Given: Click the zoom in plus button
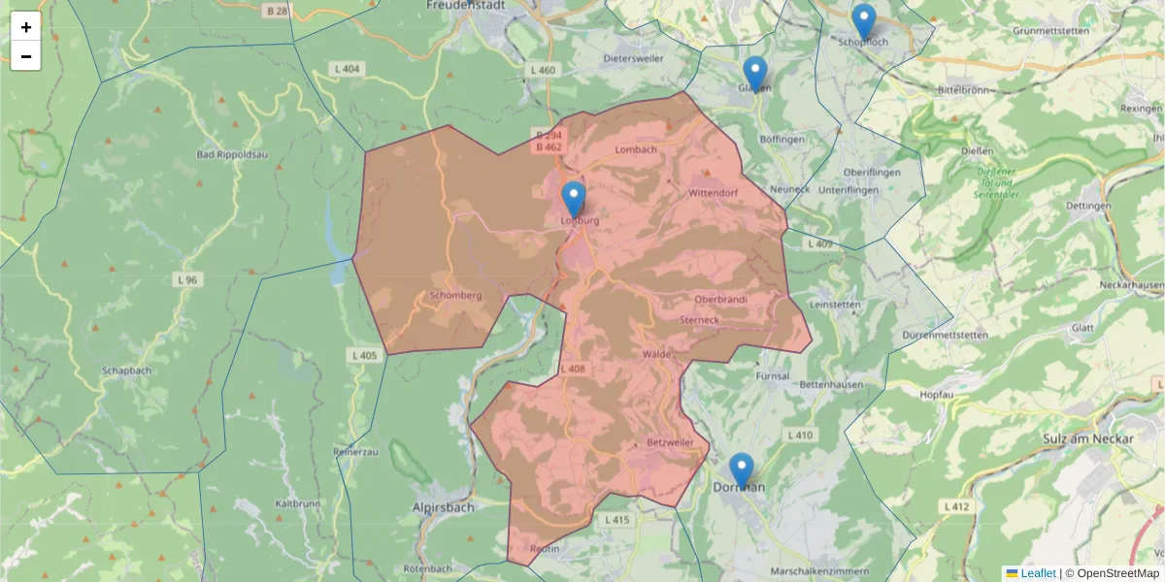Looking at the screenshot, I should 26,27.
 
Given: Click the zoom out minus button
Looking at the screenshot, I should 26,56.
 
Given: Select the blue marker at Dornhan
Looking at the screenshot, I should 742,471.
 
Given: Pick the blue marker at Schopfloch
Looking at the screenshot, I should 863,22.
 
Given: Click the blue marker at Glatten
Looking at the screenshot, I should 755,75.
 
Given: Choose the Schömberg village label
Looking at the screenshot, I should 455,295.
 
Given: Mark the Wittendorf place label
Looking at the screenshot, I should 713,193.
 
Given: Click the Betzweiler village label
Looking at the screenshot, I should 670,442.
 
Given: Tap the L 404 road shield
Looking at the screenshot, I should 346,69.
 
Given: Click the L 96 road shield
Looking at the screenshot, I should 187,279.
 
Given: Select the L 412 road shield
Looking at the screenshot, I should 956,506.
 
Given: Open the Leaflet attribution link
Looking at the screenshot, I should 1037,573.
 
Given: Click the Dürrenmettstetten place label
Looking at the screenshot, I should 945,335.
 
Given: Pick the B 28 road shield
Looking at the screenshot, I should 276,11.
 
